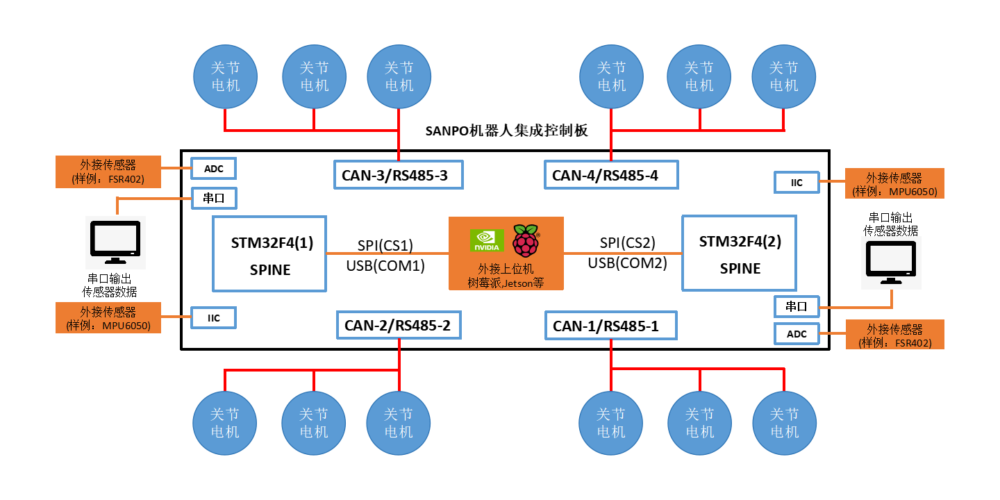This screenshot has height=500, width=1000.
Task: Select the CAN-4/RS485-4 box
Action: click(x=610, y=175)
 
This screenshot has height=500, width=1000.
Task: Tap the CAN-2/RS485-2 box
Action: click(x=399, y=325)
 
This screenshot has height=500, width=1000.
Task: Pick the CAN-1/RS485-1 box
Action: click(x=610, y=326)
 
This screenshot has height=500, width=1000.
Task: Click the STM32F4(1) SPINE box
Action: click(x=269, y=253)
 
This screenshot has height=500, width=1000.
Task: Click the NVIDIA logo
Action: click(x=486, y=240)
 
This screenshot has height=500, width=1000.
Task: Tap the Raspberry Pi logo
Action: click(x=526, y=240)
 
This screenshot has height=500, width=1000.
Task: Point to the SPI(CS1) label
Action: click(x=385, y=245)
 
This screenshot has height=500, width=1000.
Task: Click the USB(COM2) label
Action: click(x=627, y=263)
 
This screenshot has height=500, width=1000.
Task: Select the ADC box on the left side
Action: click(x=214, y=168)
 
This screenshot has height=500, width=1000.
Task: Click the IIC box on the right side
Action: click(x=797, y=183)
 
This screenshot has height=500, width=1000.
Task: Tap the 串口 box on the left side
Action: click(x=214, y=198)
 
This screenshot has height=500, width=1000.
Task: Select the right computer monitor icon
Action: click(x=891, y=262)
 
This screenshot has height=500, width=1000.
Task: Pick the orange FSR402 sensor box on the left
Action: click(x=108, y=172)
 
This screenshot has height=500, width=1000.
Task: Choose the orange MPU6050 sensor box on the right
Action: click(x=894, y=184)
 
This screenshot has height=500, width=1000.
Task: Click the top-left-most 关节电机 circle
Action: click(x=225, y=77)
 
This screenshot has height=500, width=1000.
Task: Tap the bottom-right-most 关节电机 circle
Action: click(x=785, y=423)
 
